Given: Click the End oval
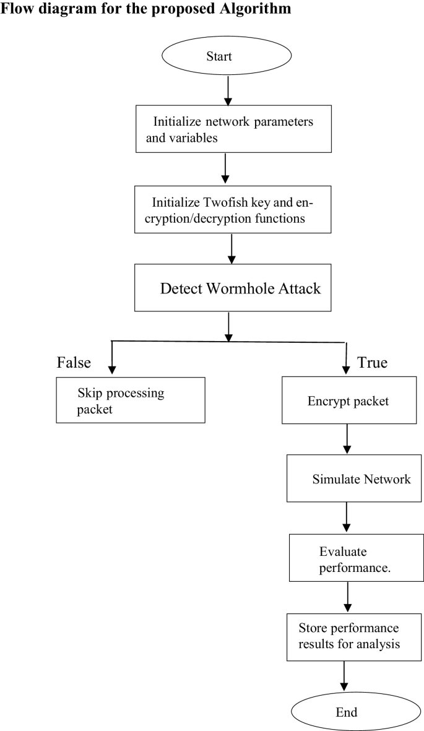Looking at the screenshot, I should click(347, 712).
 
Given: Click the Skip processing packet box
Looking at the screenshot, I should click(131, 400).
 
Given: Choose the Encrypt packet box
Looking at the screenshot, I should click(348, 400).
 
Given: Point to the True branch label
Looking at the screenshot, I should click(372, 362).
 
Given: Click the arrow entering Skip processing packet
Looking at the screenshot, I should click(112, 359).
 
